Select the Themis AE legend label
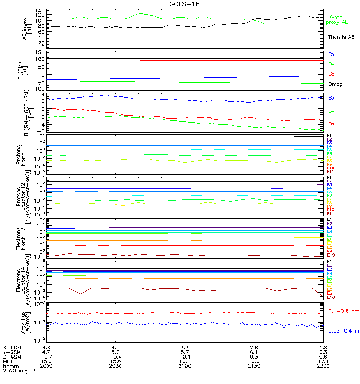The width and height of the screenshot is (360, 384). pos(341,37)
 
